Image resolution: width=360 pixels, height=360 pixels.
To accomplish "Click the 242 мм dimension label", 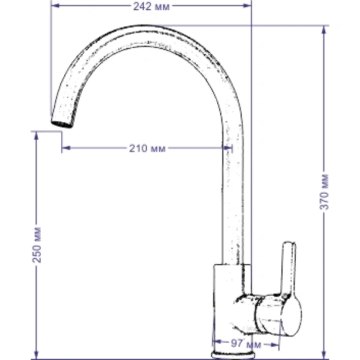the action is click(151, 7).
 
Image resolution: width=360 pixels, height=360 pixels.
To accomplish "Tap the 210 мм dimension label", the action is click(147, 148).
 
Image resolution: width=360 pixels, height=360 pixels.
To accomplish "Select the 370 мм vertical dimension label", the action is click(324, 192).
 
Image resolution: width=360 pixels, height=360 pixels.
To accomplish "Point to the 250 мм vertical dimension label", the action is click(37, 245).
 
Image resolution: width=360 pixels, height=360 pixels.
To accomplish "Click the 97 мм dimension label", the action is click(246, 344).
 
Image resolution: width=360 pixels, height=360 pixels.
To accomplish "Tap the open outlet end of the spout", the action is click(62, 124).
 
